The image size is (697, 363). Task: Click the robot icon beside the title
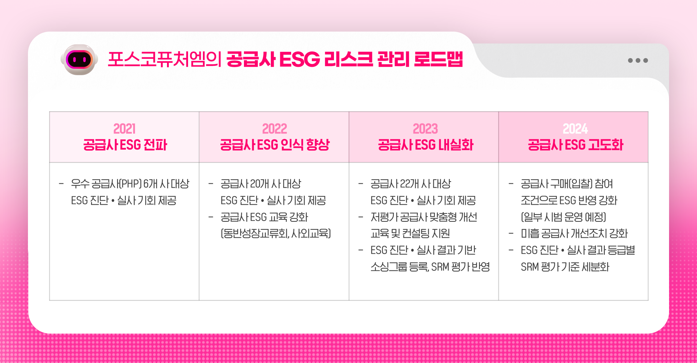(79, 60)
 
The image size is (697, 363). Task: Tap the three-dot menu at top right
(638, 61)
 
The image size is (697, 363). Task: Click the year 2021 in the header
(125, 129)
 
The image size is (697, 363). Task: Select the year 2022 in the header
(274, 129)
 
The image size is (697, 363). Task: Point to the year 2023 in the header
(425, 129)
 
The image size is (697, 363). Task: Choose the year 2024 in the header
(575, 129)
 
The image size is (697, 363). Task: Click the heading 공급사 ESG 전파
(125, 145)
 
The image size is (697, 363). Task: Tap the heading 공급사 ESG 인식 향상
(274, 145)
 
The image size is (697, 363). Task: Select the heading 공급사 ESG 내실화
(425, 145)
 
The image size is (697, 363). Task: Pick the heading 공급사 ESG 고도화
(575, 145)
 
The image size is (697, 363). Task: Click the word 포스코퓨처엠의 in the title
(164, 60)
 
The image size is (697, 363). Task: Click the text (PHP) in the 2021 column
(130, 184)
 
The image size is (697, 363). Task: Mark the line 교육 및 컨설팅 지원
(410, 233)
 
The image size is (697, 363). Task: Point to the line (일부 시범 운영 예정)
(563, 217)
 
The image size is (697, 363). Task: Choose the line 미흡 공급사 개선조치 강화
(574, 233)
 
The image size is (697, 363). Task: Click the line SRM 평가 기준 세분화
(565, 267)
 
